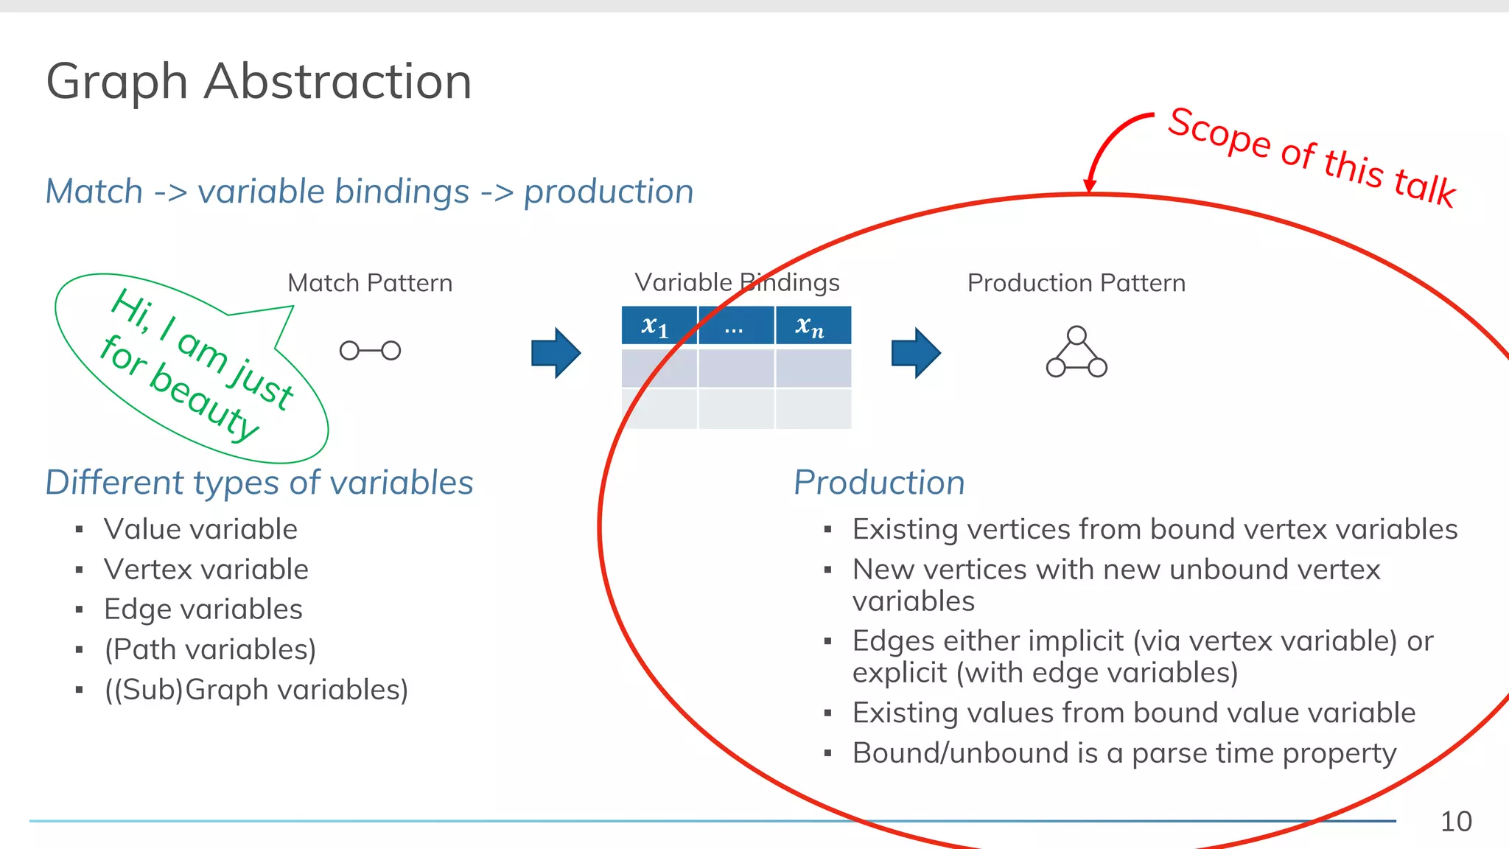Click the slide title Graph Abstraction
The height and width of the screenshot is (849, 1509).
[259, 81]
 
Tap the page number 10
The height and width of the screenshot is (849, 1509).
[1455, 821]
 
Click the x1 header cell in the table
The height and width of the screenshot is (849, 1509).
[657, 326]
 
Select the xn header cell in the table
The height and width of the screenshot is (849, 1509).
[811, 326]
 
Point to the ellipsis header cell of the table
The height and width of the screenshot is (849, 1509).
[735, 326]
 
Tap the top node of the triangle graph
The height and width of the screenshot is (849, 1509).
[1076, 335]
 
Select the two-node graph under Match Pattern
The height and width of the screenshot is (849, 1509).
[370, 351]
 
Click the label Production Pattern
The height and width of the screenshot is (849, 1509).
[1076, 283]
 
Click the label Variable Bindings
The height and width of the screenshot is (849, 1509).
[737, 282]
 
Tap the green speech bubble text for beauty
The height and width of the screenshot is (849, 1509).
[181, 387]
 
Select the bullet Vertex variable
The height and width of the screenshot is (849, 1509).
[206, 569]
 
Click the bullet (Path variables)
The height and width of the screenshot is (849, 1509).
[210, 649]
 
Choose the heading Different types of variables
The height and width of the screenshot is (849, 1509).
[259, 483]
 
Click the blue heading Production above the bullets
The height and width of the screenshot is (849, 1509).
[879, 483]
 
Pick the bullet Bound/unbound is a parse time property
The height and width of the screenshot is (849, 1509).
[1124, 753]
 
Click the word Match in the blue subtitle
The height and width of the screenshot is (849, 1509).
[94, 192]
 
